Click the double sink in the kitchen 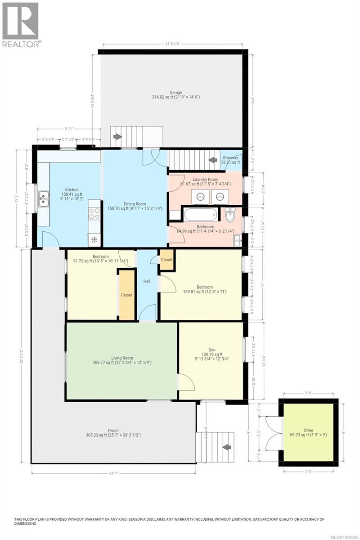point(44,198)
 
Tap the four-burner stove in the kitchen point(94,213)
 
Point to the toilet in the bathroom point(230,216)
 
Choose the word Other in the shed point(308,430)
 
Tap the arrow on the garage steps point(117,136)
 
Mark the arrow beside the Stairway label point(212,160)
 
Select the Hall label point(147,281)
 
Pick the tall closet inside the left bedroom point(126,294)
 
